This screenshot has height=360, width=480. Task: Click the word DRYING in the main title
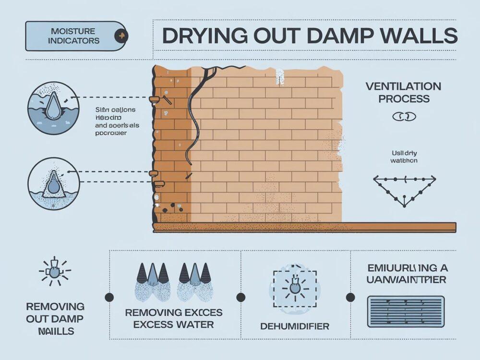tap(198, 36)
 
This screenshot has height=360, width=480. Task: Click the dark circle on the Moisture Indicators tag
tap(120, 36)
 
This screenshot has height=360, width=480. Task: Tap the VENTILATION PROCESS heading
tap(403, 93)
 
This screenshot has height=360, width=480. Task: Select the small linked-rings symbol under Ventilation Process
tap(404, 116)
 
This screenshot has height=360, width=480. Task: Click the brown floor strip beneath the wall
tap(304, 227)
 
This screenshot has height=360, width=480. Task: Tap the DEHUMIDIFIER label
tap(295, 326)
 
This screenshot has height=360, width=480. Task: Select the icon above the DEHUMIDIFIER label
tap(295, 288)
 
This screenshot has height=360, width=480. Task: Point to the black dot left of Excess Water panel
tap(109, 297)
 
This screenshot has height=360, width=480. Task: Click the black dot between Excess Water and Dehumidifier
tap(241, 297)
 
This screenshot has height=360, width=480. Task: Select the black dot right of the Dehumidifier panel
tap(350, 297)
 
